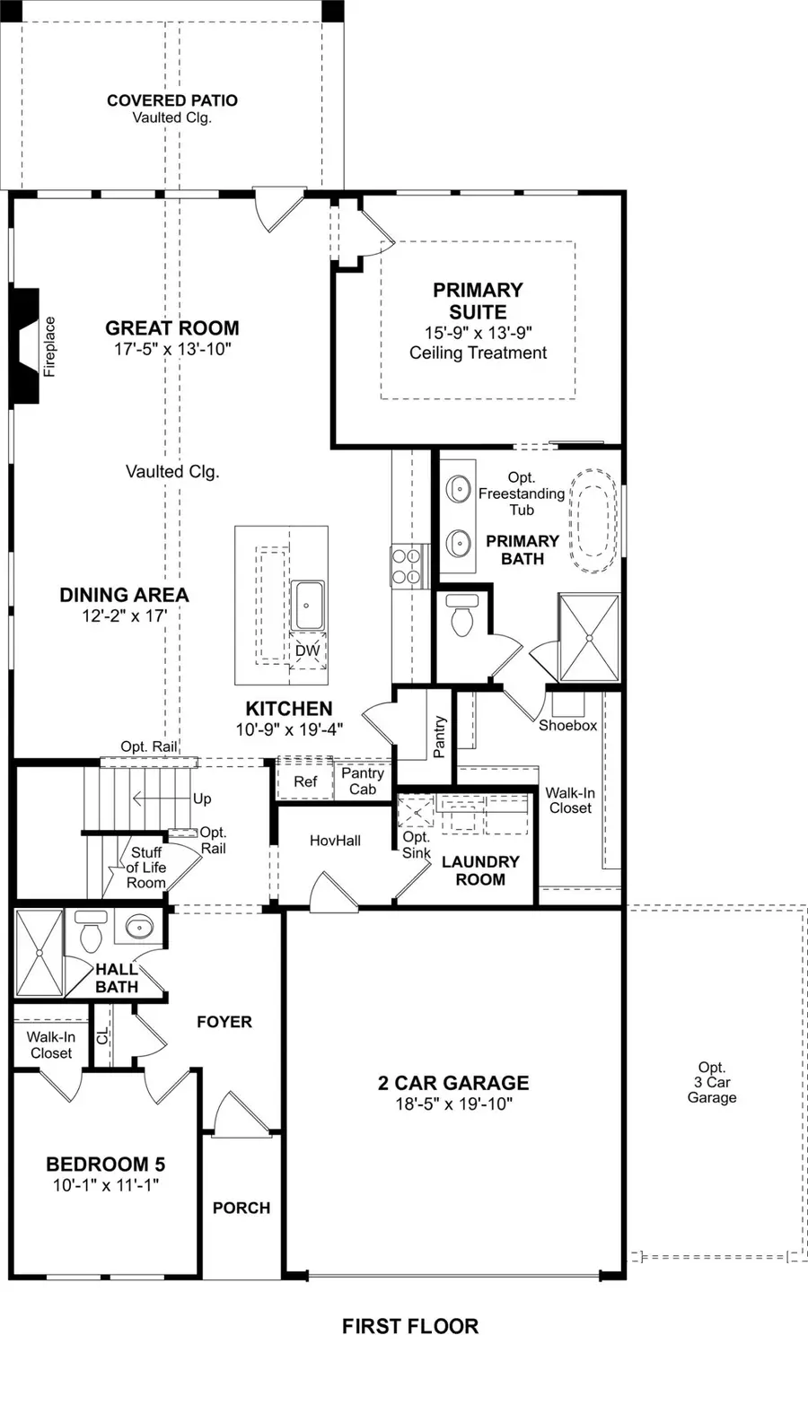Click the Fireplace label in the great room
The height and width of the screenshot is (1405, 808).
tap(49, 346)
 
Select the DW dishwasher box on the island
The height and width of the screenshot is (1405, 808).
tap(307, 650)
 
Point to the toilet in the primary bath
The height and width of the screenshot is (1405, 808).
tap(462, 615)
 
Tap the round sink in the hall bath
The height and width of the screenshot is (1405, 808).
tap(139, 927)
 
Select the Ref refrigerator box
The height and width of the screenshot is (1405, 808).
tap(305, 781)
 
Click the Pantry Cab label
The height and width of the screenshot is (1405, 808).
tap(363, 781)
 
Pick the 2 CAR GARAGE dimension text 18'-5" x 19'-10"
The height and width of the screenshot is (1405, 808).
tap(453, 1104)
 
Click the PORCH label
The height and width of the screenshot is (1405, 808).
tap(241, 1208)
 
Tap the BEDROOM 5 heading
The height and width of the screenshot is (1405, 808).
tap(105, 1165)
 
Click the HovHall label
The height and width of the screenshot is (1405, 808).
tap(335, 841)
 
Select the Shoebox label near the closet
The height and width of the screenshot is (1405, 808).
tap(567, 725)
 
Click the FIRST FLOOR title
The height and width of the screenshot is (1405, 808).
tap(409, 1326)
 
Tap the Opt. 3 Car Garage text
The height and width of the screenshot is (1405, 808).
tap(711, 1082)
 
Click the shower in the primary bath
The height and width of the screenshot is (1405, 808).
tap(588, 637)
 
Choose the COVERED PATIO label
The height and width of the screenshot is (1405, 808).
tap(171, 100)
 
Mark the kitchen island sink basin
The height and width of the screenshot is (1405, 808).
tap(308, 606)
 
